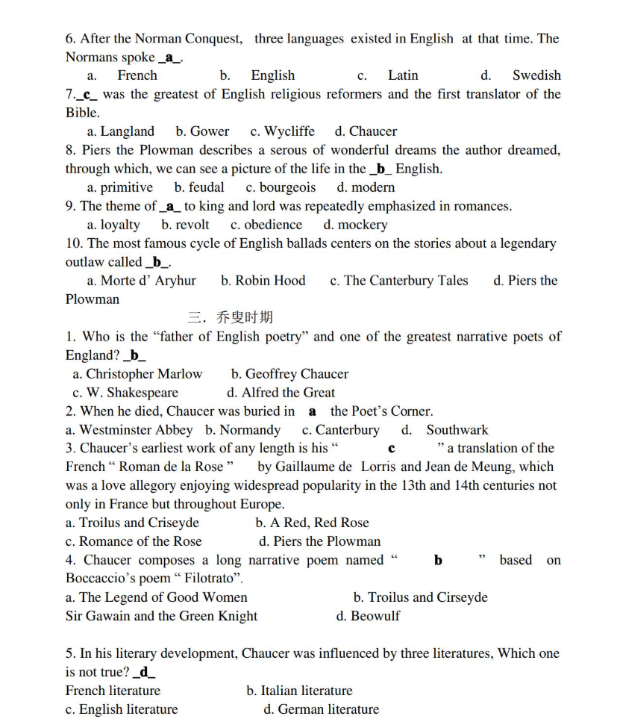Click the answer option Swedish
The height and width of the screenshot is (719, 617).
536,75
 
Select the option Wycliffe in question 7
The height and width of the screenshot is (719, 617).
289,131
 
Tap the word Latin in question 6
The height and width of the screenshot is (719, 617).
403,75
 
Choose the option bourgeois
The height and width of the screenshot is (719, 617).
287,187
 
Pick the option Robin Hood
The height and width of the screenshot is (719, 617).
270,281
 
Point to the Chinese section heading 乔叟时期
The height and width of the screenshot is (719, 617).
245,318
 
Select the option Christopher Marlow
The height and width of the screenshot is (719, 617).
144,374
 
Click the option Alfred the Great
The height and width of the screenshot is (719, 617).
288,393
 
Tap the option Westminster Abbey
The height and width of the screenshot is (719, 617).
136,430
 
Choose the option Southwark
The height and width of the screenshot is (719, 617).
457,430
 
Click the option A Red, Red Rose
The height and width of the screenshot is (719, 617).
319,523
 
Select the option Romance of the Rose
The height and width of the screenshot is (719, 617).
140,542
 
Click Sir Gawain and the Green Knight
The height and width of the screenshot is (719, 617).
161,617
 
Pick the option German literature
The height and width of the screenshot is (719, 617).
328,710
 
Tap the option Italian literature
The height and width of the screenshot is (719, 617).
307,691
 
